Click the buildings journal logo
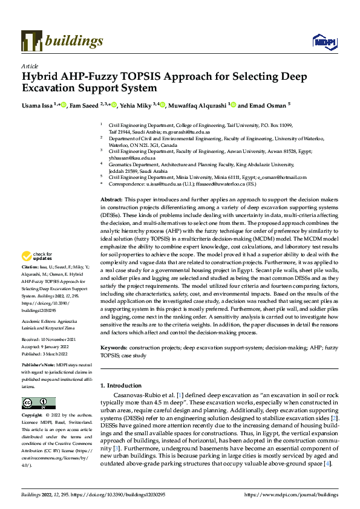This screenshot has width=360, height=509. tap(62, 41)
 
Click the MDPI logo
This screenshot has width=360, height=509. tap(324, 42)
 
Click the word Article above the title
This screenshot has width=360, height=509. tap(30, 66)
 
